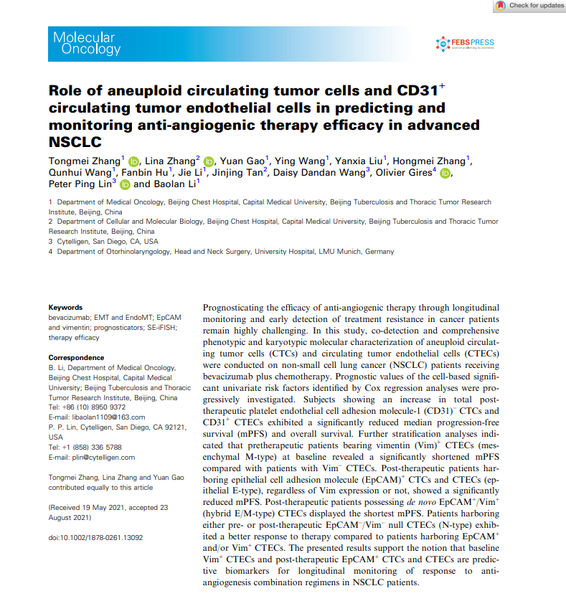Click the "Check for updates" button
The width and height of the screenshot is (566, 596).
[529, 6]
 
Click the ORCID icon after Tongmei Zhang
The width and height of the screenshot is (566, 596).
[132, 160]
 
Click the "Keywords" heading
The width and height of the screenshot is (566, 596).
[65, 308]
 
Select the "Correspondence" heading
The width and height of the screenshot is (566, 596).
[76, 357]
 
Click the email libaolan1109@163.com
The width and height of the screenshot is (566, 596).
[105, 417]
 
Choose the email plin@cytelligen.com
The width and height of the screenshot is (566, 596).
[101, 457]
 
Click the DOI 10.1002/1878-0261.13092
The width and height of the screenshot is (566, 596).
[96, 536]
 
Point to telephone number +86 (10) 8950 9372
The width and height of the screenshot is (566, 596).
[94, 407]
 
